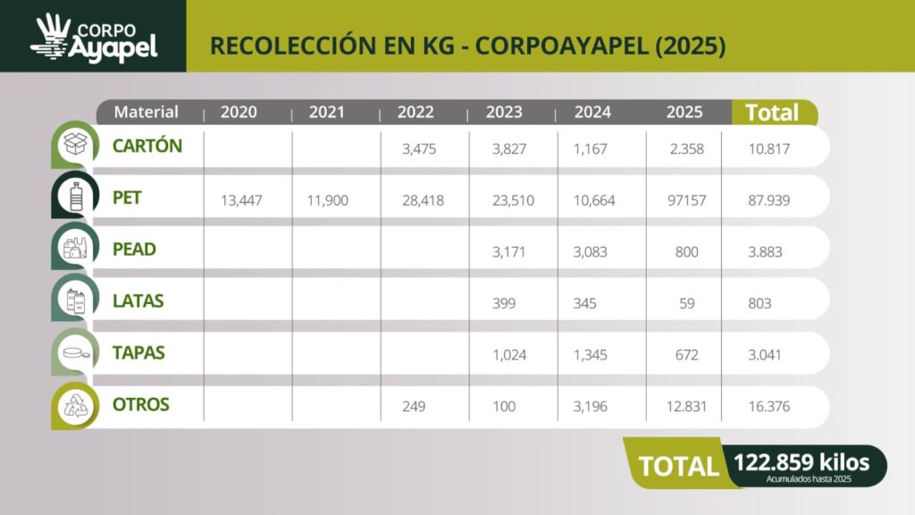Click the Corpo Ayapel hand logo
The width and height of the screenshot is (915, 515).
[x=51, y=38]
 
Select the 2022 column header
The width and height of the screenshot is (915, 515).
[x=416, y=113]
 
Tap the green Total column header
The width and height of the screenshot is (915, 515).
[x=772, y=113]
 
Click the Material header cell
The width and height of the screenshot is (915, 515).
[x=147, y=113]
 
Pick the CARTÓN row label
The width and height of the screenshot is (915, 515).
[x=147, y=146]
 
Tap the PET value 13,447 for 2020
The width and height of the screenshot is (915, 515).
[x=241, y=200]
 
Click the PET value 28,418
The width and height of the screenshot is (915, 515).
[x=419, y=200]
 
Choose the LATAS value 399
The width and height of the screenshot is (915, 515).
[x=504, y=304]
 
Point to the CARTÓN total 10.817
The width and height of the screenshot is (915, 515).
[x=768, y=149]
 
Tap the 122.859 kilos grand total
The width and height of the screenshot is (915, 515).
[x=801, y=462]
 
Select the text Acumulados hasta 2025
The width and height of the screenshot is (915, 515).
[x=808, y=480]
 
